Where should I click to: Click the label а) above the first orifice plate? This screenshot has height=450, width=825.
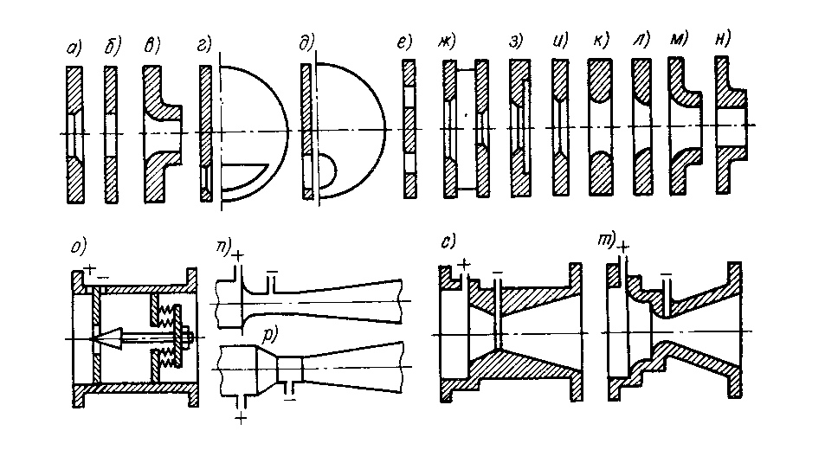pos(74,48)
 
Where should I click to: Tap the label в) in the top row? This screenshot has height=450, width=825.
pos(151,46)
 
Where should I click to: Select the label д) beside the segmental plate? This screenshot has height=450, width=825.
pos(306,42)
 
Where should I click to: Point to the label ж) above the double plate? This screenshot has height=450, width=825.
pos(447,41)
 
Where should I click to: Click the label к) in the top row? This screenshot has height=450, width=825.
pos(600,40)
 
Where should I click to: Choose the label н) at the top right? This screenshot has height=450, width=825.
pos(723,38)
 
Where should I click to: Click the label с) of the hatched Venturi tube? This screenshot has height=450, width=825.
pos(448,241)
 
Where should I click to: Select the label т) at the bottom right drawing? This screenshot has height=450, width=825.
pos(606,241)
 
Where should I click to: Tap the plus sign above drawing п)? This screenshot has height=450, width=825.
pos(238,256)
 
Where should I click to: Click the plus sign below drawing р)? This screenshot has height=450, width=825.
pos(241,419)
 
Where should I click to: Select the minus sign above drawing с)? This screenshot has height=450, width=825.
pos(497,273)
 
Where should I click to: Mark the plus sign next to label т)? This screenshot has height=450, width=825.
pos(623,247)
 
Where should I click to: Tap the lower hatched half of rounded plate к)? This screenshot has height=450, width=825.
pos(600,172)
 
